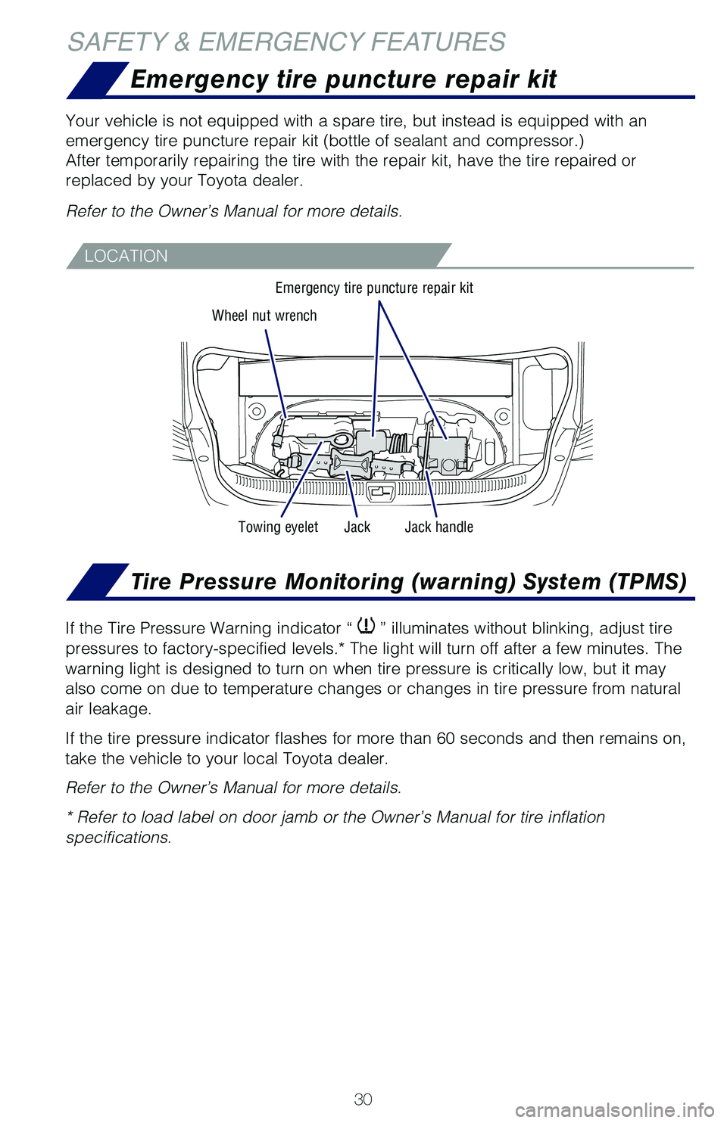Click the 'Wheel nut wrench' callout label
(264, 316)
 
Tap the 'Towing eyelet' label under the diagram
(278, 527)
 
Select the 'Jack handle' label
(438, 527)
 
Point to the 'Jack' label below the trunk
(357, 527)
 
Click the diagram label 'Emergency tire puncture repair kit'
(374, 288)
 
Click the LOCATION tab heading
(126, 256)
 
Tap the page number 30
(363, 1099)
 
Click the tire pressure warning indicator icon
(367, 626)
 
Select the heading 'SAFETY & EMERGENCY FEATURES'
(286, 42)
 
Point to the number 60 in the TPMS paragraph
(446, 738)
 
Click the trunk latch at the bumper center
(380, 492)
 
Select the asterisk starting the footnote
(70, 817)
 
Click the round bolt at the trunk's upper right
(502, 415)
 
